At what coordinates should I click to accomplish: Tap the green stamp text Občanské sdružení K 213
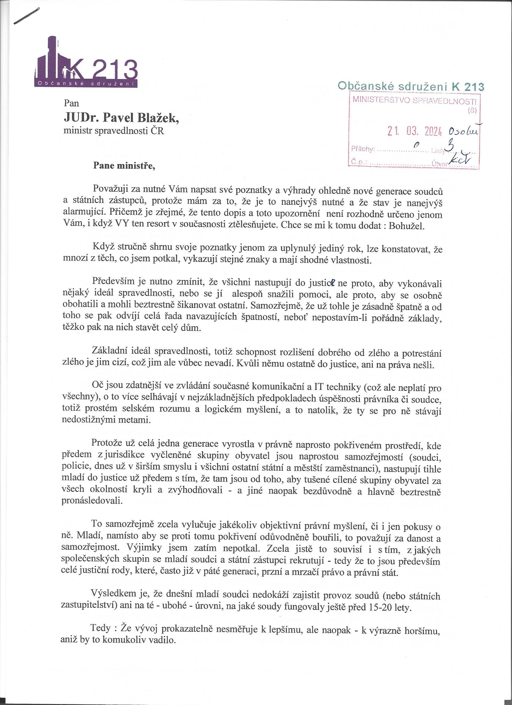click(x=411, y=86)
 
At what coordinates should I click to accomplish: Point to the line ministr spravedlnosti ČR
click(x=114, y=131)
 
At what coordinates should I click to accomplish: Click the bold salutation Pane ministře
click(x=124, y=166)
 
